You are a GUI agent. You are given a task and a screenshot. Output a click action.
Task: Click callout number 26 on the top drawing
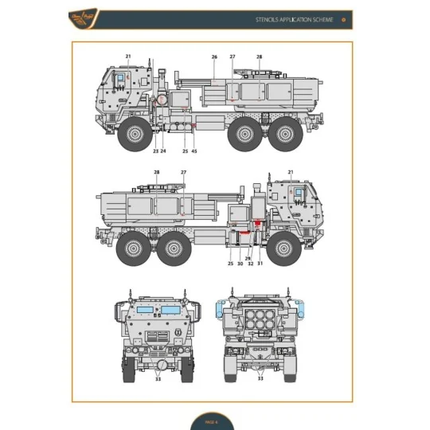pyautogui.click(x=214, y=57)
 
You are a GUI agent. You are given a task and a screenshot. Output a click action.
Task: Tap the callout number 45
pyautogui.click(x=194, y=151)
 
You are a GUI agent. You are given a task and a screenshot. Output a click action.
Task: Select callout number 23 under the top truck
pyautogui.click(x=155, y=151)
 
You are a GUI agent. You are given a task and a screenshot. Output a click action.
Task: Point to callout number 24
pyautogui.click(x=163, y=151)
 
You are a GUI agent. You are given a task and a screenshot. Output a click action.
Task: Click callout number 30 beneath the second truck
pyautogui.click(x=240, y=264)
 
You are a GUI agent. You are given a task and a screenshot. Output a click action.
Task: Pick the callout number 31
pyautogui.click(x=260, y=264)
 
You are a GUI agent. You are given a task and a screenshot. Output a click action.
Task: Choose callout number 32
pyautogui.click(x=250, y=264)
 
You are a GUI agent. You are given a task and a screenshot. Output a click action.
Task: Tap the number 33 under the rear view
pyautogui.click(x=260, y=379)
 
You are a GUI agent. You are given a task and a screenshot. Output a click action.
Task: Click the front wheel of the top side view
pyautogui.click(x=134, y=135)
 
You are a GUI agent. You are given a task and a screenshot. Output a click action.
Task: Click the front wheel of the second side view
pyautogui.click(x=282, y=249)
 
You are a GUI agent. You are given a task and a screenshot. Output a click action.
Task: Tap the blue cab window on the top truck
pyautogui.click(x=120, y=78)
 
